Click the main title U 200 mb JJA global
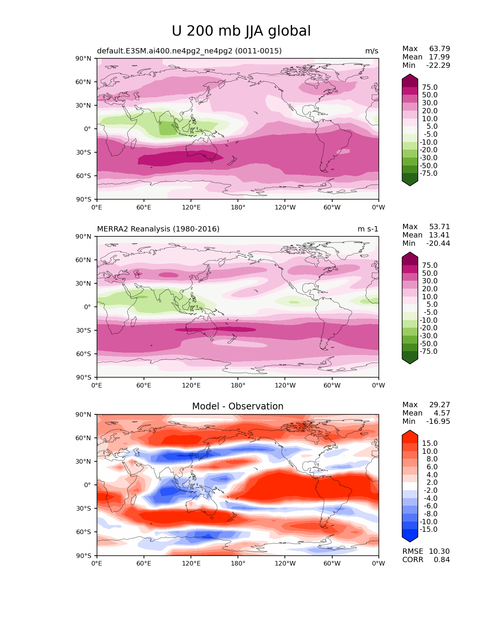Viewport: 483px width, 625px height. point(241,31)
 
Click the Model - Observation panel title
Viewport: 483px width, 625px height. point(238,406)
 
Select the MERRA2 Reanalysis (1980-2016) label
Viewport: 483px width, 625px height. point(158,229)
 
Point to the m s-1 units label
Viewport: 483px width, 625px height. point(368,229)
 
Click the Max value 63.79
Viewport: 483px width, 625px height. point(439,48)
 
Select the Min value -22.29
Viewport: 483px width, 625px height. point(438,65)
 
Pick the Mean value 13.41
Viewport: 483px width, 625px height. point(439,235)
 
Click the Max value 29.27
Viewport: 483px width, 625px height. point(439,405)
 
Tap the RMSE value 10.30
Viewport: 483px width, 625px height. point(439,551)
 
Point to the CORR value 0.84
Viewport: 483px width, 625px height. point(442,559)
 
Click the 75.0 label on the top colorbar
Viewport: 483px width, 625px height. point(430,87)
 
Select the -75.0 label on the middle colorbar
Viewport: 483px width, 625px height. point(428,351)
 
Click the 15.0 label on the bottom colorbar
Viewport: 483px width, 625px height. point(430,443)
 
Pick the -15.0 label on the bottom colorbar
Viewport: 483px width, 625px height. point(428,529)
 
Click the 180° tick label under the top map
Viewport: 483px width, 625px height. point(238,207)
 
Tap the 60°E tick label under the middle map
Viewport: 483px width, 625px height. point(144,385)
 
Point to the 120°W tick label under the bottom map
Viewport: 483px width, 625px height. point(285,564)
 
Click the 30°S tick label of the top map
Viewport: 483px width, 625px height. point(83,152)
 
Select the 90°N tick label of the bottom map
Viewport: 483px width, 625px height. point(83,414)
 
